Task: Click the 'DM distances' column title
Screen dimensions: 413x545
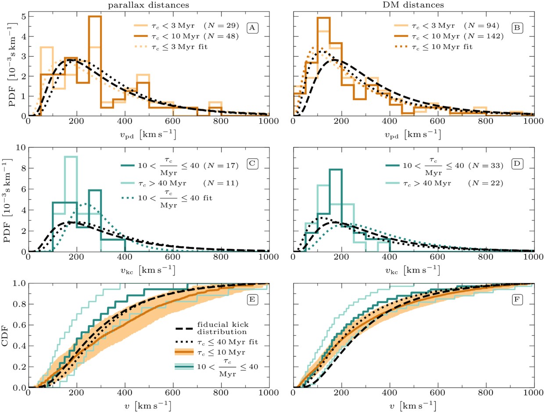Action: tap(412, 5)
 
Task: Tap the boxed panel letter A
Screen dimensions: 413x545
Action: tap(252, 28)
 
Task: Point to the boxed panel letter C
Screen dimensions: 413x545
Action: tap(252, 164)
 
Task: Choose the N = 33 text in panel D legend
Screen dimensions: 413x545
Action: tap(487, 166)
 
